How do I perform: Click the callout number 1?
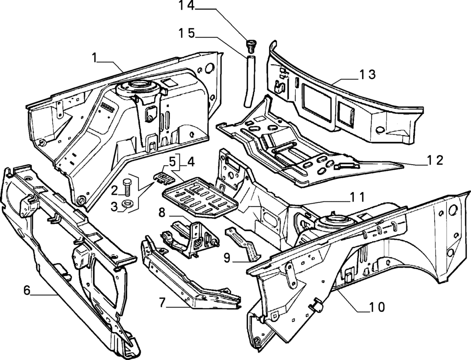94,57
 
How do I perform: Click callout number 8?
162,212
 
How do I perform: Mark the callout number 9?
227,257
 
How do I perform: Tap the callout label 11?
356,198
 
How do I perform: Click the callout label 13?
368,74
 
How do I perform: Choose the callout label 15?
187,33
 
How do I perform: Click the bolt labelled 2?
127,188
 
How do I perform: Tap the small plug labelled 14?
251,46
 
